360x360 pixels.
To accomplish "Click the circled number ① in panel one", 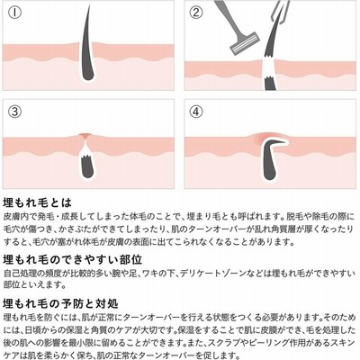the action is (15, 13).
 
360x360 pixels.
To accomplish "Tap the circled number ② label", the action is (196, 13).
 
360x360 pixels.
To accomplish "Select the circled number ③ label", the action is (15, 112).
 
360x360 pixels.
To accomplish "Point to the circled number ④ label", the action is (196, 112).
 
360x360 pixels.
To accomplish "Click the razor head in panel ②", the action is (245, 44).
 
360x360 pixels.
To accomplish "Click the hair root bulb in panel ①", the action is (87, 74).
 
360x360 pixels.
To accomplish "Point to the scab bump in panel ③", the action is (85, 136).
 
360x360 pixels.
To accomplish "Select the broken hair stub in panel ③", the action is (87, 165).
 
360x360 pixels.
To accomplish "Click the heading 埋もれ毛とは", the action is (38, 202).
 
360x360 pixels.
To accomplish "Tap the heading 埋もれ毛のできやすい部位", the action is (72, 260).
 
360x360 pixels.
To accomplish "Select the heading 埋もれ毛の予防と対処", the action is (60, 304).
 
